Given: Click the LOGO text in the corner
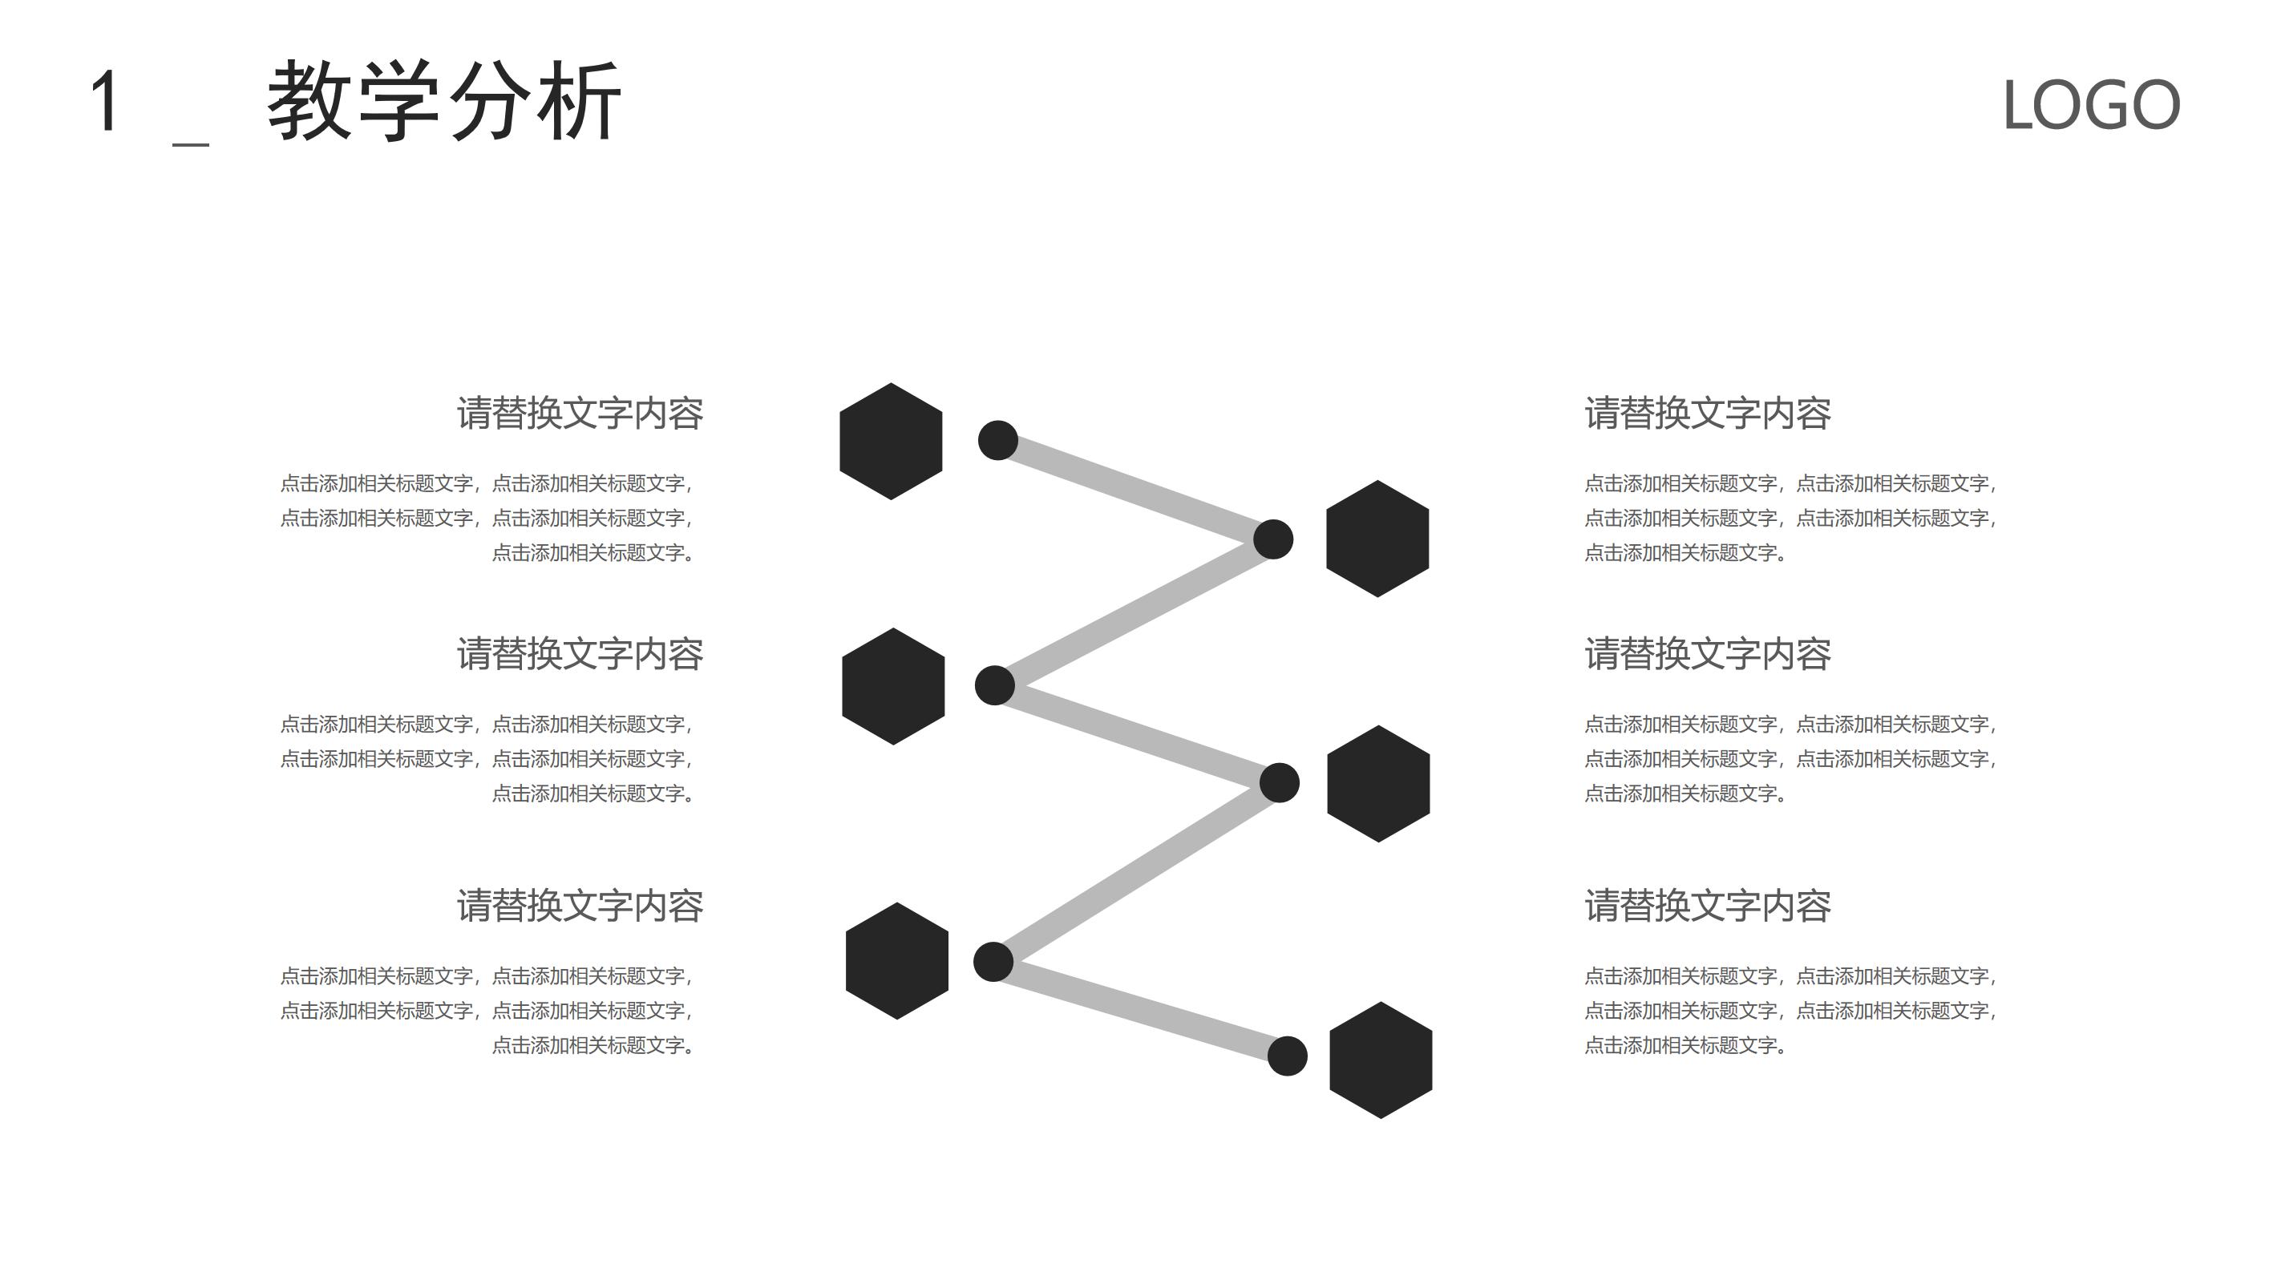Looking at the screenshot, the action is point(2091,105).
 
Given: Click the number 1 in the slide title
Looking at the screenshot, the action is point(105,102).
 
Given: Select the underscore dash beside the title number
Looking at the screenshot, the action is point(191,143).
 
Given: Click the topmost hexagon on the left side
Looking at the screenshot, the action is point(892,441).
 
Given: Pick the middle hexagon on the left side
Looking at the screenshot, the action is point(894,686).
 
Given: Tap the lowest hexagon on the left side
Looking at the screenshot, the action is point(897,961).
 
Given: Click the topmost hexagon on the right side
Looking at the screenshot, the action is point(1377,539).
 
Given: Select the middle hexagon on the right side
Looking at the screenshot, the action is point(1378,783).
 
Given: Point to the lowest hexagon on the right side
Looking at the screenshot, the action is point(1381,1060).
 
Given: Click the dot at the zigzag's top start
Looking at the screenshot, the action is point(998,440).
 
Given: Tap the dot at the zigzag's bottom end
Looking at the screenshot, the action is point(1288,1056).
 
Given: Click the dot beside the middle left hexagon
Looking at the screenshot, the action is point(994,685).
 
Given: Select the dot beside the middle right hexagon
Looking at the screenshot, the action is point(1280,783).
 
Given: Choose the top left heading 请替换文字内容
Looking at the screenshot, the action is point(580,414).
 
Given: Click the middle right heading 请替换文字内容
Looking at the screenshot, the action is point(1708,655).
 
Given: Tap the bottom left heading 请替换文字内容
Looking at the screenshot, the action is point(580,906).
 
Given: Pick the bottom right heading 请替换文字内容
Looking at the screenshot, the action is point(1708,906).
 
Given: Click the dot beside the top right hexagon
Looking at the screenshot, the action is point(1273,539).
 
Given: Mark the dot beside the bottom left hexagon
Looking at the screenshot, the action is point(993,962).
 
